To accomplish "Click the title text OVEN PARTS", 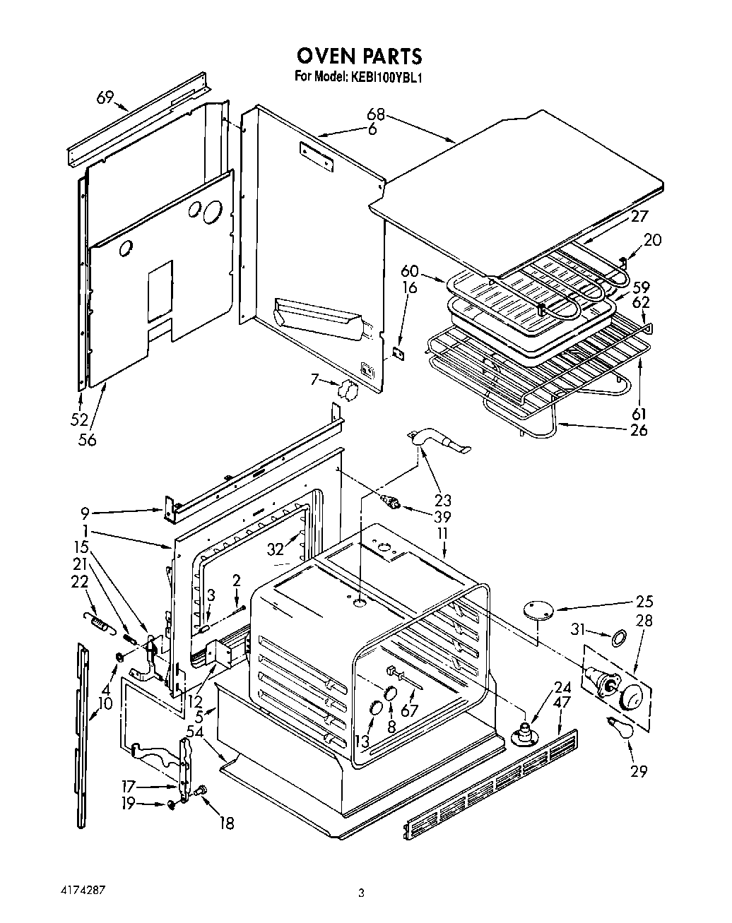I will (x=359, y=55).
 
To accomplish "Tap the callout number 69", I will (x=105, y=98).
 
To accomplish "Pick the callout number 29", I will (x=638, y=771).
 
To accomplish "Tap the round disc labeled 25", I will (x=538, y=609).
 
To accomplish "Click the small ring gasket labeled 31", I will (x=617, y=638).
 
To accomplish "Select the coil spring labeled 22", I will (x=95, y=621).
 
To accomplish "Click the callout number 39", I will (x=443, y=516).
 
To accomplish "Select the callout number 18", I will (x=226, y=823).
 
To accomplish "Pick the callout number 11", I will (x=443, y=534).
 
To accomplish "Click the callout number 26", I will (x=638, y=429).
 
